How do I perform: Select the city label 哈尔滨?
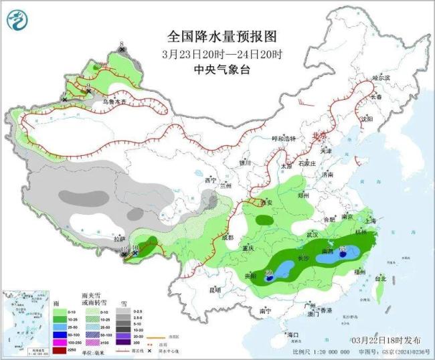coord(379,78)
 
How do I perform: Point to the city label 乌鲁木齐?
coord(109,102)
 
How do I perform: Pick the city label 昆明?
coord(215,290)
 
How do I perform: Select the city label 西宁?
coord(211,180)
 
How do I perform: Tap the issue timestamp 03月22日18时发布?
coord(388,340)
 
